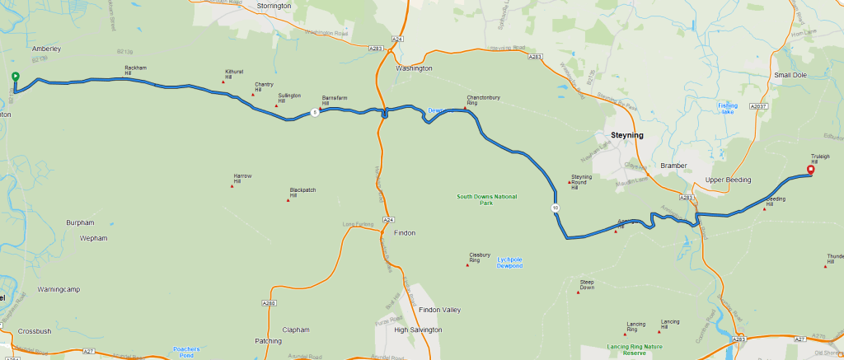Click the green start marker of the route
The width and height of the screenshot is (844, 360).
click(x=15, y=77)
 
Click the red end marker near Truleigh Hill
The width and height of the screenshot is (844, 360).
click(x=810, y=171)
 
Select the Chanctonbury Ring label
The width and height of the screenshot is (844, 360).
click(x=484, y=101)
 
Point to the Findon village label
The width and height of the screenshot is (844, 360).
click(x=405, y=233)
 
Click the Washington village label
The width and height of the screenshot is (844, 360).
click(x=414, y=68)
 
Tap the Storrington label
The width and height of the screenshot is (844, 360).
click(x=274, y=6)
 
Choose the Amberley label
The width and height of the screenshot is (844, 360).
click(x=47, y=49)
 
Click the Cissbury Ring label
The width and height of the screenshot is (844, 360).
click(x=481, y=258)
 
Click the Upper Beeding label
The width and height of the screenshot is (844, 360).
click(x=726, y=179)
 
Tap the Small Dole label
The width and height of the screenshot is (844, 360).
click(x=790, y=76)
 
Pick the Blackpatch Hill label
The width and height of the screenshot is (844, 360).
click(x=303, y=194)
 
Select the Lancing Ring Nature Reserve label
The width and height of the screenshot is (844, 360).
click(x=635, y=349)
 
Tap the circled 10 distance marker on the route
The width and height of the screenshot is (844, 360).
click(x=556, y=208)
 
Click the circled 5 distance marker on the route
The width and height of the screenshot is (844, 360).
click(x=314, y=113)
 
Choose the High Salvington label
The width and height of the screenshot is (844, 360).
click(x=418, y=330)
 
